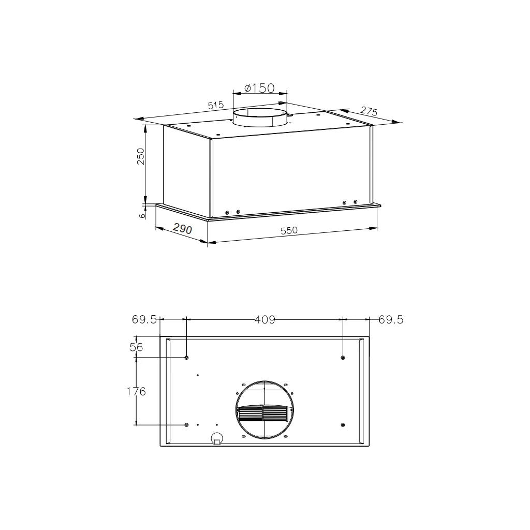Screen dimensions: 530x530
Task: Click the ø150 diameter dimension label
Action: [x=259, y=88]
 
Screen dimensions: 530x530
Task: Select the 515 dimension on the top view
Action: [x=215, y=105]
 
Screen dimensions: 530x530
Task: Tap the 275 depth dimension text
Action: [x=369, y=111]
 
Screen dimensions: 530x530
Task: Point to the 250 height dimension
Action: [x=140, y=156]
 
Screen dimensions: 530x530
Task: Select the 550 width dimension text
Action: [x=289, y=231]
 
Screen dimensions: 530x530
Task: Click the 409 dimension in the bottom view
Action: [x=264, y=319]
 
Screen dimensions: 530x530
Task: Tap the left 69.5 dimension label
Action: [x=144, y=319]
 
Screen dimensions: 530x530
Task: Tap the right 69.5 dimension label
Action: [x=391, y=319]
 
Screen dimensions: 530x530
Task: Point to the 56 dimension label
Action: [x=136, y=348]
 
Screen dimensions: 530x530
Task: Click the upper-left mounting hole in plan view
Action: [x=186, y=358]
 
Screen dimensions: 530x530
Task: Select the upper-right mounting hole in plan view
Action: [x=343, y=358]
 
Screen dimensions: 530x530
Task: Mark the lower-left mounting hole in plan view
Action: [x=186, y=425]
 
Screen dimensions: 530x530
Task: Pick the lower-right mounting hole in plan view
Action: [x=343, y=425]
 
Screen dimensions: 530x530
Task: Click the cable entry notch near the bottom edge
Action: [x=217, y=439]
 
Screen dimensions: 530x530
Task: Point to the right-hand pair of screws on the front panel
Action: [x=350, y=202]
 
